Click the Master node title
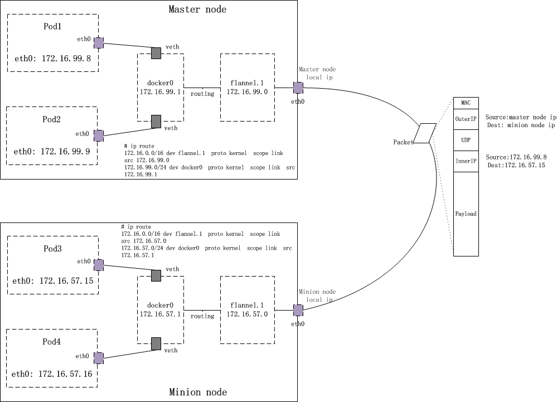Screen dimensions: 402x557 tap(197, 9)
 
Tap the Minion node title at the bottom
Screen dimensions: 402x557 tap(197, 393)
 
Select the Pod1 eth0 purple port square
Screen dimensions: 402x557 tap(98, 42)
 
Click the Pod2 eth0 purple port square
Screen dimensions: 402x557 tap(98, 135)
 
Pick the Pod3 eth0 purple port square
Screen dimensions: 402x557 tap(98, 264)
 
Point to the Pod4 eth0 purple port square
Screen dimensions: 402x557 tap(98, 357)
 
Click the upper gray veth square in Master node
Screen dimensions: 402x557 tap(157, 53)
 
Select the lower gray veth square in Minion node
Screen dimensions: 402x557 tap(157, 343)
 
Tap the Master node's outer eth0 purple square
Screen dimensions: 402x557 tap(298, 88)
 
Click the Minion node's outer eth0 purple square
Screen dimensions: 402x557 tap(298, 310)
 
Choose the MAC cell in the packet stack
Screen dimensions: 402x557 tap(466, 103)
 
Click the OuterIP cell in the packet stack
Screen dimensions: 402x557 tap(466, 119)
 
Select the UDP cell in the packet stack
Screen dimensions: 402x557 tap(466, 140)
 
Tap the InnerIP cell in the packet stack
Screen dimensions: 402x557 tap(466, 161)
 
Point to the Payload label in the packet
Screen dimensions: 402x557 tap(466, 214)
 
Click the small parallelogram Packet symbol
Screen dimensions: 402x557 tap(425, 133)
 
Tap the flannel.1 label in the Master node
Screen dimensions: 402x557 tap(247, 83)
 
